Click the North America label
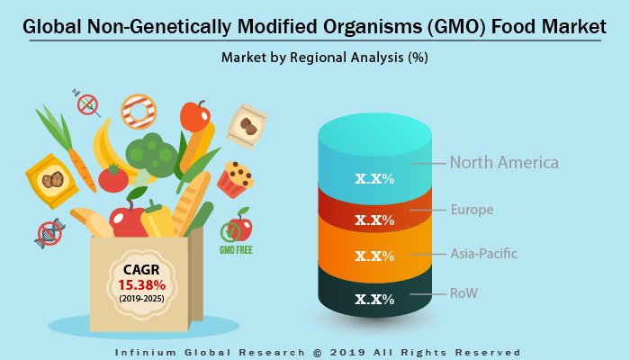[x=504, y=163]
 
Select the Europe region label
[x=472, y=210]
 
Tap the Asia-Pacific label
[x=483, y=253]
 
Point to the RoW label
[x=465, y=293]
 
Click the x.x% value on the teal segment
[x=374, y=178]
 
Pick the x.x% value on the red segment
[x=374, y=220]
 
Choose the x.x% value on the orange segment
[x=374, y=256]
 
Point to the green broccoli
[x=151, y=154]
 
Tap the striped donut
[x=139, y=111]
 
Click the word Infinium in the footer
[x=149, y=351]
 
